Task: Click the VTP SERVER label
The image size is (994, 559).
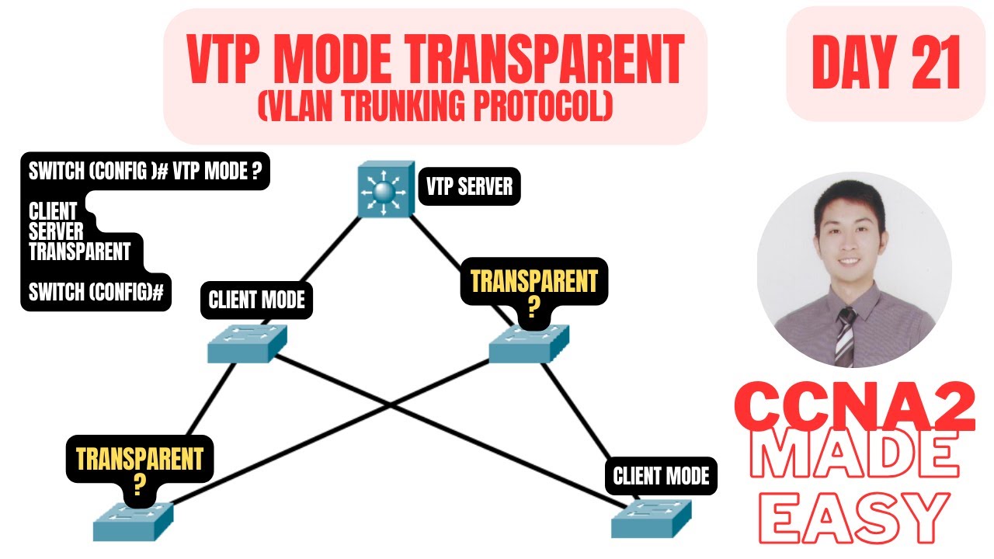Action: (469, 187)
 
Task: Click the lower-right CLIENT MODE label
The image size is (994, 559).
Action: (661, 476)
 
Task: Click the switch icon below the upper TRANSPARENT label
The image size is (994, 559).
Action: (529, 344)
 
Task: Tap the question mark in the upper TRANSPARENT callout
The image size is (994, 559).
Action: (533, 309)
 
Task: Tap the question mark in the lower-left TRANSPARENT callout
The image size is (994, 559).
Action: (139, 484)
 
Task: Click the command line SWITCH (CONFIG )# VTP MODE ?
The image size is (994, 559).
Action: (144, 172)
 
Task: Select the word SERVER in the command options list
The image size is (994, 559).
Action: (56, 231)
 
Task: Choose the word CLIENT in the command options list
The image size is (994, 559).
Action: (53, 211)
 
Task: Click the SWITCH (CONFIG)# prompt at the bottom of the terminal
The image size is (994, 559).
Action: (96, 293)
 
